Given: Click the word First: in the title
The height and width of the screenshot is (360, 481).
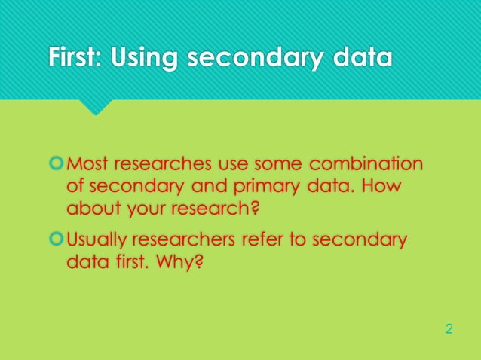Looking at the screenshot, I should pos(75,58).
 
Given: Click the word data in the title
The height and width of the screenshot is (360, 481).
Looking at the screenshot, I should pos(364,58).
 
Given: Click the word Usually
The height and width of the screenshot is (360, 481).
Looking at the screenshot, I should pos(96,241).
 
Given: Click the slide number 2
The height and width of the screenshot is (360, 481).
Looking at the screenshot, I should pos(449,329).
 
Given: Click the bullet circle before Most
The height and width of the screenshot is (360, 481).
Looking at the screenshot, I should pos(57,163).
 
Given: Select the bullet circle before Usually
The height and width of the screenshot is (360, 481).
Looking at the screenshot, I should pos(57,240).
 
